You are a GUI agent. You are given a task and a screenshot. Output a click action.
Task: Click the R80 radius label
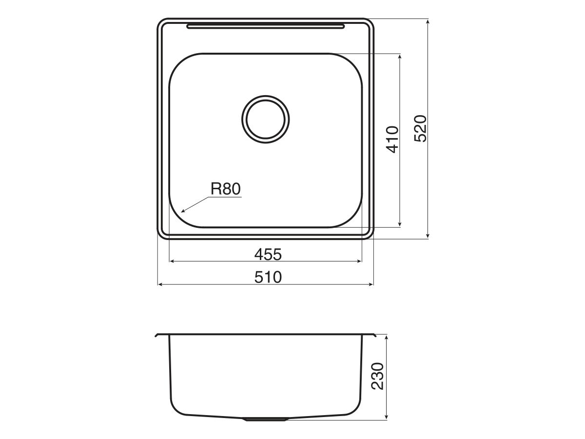(x=226, y=189)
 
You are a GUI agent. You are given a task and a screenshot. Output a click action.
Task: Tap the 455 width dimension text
(x=268, y=254)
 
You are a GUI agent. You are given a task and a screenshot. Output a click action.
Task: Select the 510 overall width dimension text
(x=268, y=277)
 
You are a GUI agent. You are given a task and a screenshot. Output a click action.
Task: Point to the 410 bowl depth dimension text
(x=393, y=140)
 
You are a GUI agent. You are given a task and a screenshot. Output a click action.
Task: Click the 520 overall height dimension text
(x=420, y=129)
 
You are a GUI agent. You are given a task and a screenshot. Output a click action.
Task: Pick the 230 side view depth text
(x=378, y=376)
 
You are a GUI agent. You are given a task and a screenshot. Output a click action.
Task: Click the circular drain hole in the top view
(x=265, y=118)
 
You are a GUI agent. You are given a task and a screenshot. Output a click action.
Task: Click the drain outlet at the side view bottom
(x=266, y=419)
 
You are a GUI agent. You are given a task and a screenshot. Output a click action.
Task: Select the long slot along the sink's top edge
(x=266, y=26)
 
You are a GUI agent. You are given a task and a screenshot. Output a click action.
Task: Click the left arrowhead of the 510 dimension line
(x=160, y=284)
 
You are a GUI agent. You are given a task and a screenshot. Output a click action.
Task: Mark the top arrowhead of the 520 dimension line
(x=428, y=22)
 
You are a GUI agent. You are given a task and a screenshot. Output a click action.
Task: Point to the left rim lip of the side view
(x=158, y=335)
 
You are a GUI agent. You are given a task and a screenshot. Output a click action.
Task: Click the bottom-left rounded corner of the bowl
(x=178, y=219)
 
